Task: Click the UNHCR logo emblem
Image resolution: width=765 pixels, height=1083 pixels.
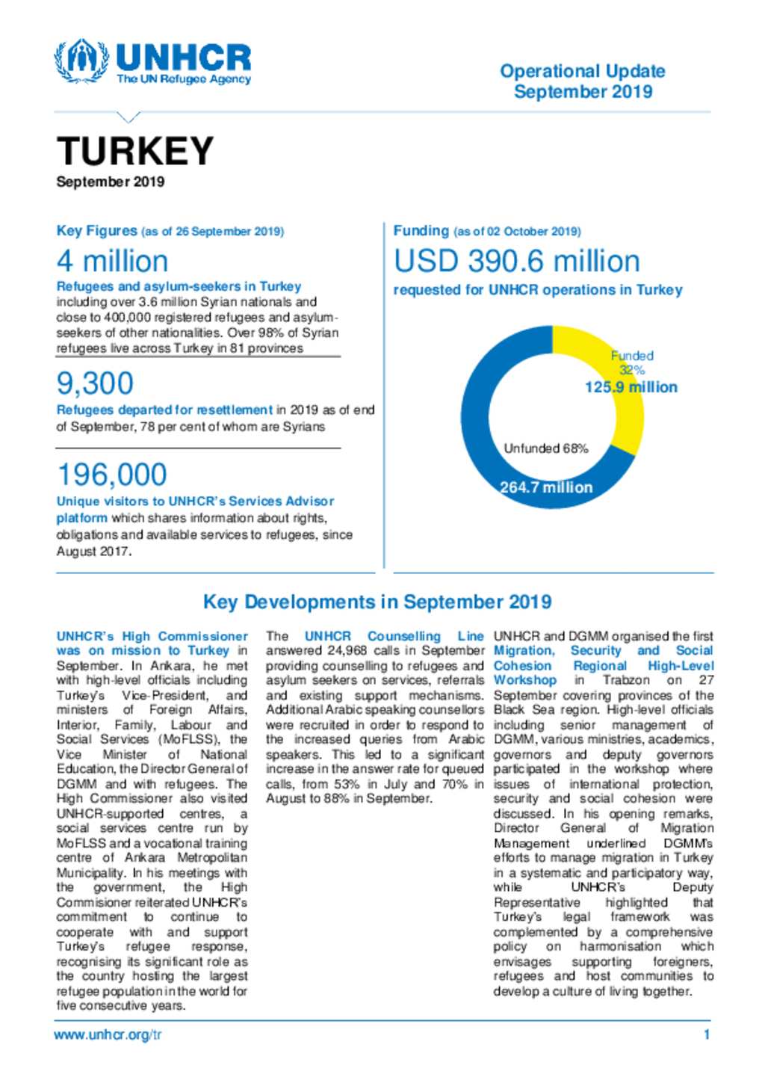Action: click(81, 61)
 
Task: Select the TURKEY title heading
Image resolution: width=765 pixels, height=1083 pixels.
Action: click(135, 152)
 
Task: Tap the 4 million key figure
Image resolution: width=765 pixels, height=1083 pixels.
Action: click(112, 262)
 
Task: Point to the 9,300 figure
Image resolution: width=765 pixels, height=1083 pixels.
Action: click(95, 383)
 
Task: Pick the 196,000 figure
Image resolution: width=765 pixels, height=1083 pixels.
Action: click(112, 475)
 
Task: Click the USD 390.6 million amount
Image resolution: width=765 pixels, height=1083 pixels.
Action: click(517, 262)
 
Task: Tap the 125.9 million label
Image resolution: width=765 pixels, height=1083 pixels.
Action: click(631, 387)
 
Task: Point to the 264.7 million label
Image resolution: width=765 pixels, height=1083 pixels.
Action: click(546, 487)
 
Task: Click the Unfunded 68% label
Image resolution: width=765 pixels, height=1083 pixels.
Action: click(546, 448)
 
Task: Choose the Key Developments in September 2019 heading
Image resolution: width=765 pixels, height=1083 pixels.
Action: click(377, 602)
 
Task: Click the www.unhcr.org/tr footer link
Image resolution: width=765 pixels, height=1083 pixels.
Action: click(108, 1035)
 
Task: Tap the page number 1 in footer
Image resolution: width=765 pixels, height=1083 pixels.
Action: click(707, 1035)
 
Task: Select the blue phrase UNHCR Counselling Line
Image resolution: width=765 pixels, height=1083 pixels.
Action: click(394, 636)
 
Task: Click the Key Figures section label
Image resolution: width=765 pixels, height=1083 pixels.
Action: click(97, 231)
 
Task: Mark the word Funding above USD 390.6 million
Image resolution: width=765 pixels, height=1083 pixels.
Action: click(421, 231)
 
